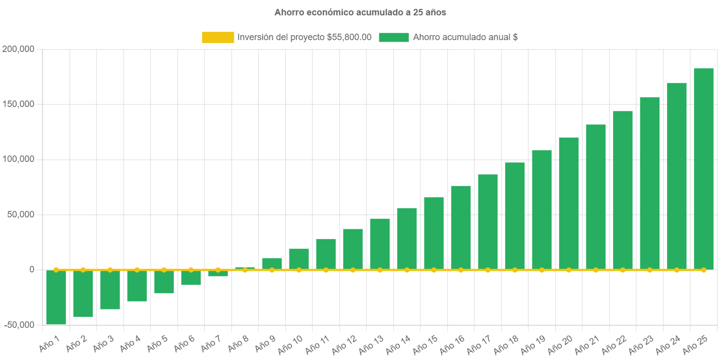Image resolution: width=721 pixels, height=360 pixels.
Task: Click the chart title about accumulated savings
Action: click(x=360, y=12)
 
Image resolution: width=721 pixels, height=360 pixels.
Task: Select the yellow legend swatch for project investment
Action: click(x=217, y=37)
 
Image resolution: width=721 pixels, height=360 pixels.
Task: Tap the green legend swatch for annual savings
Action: click(x=394, y=37)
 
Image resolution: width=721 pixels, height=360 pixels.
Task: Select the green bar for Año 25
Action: click(x=703, y=168)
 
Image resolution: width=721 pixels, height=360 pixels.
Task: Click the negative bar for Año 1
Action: click(x=56, y=297)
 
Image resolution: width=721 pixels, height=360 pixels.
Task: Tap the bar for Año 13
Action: click(x=380, y=244)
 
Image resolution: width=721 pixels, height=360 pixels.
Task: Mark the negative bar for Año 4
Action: click(x=137, y=286)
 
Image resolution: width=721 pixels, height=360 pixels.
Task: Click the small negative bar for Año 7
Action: click(x=218, y=273)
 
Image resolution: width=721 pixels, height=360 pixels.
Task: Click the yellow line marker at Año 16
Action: click(x=461, y=270)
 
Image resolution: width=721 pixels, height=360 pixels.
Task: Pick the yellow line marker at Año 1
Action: click(x=56, y=270)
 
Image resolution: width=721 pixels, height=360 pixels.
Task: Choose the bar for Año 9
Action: click(x=272, y=263)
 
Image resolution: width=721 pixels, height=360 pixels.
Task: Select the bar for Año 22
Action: click(x=622, y=190)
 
